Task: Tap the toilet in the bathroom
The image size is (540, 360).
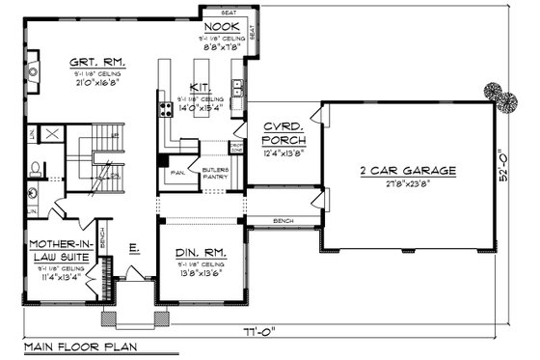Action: click(34, 167)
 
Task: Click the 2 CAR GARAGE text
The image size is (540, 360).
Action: click(408, 170)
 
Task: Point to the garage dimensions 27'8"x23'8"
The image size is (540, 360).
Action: click(408, 183)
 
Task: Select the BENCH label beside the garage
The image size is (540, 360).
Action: click(283, 220)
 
